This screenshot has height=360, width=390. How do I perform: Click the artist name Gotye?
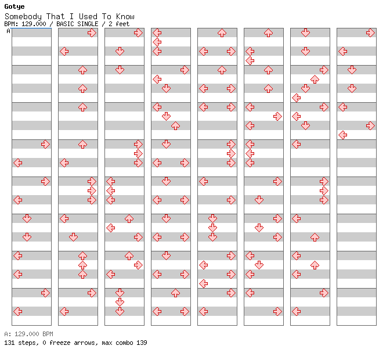tap(15, 7)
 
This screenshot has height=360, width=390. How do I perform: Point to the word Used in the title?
tap(88, 16)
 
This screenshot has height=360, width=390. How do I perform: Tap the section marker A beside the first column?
tap(8, 31)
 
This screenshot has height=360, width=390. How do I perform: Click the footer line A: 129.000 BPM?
tap(28, 334)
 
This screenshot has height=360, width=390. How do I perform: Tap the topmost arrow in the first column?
tap(45, 144)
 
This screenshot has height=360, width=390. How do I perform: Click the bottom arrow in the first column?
tap(17, 311)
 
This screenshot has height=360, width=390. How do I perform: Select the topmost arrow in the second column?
tap(92, 33)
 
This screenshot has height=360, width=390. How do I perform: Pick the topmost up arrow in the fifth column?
tap(222, 33)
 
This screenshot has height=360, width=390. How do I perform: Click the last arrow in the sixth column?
tap(277, 311)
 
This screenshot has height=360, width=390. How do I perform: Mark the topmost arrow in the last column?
tap(370, 33)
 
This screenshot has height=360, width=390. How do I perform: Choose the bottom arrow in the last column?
tap(342, 135)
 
